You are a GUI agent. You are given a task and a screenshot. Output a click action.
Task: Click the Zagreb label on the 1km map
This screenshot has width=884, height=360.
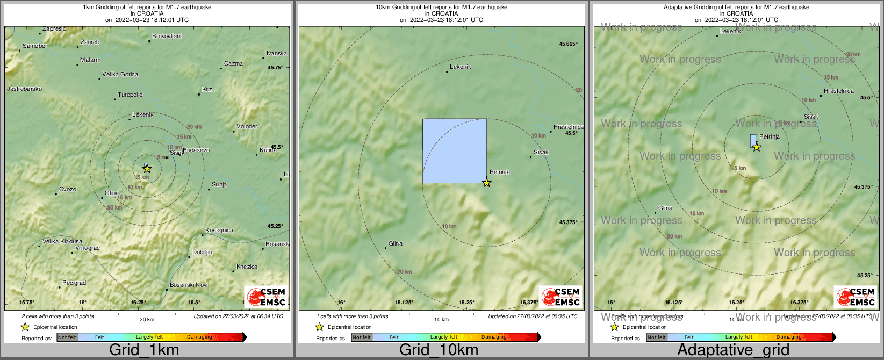(x=90, y=42)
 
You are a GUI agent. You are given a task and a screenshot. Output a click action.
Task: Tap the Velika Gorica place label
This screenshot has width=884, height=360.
(x=120, y=74)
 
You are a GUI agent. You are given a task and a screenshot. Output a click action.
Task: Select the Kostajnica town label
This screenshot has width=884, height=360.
(x=219, y=230)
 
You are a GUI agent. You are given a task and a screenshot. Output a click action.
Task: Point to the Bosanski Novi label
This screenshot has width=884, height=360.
(x=189, y=285)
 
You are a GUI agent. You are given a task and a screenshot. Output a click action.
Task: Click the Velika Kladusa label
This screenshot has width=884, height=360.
(x=62, y=241)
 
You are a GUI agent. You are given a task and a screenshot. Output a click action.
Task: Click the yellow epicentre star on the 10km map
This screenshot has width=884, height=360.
(x=486, y=183)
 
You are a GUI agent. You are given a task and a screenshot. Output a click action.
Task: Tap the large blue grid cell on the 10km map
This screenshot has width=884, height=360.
(x=454, y=150)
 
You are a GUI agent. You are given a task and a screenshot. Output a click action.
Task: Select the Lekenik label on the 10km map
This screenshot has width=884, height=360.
(x=461, y=67)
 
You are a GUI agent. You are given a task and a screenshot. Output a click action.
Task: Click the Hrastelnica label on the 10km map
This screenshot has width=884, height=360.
(x=568, y=127)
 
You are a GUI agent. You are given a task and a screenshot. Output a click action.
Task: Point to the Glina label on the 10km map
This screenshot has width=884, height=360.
(x=396, y=243)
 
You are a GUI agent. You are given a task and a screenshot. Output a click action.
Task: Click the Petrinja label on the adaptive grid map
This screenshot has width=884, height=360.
(x=770, y=136)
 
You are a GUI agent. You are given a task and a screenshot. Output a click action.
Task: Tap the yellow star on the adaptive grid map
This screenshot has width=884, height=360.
(x=757, y=147)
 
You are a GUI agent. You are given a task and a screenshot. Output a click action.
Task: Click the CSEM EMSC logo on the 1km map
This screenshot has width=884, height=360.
(x=266, y=297)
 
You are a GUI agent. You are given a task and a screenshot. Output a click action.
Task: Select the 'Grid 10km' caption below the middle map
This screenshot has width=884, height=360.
(x=439, y=350)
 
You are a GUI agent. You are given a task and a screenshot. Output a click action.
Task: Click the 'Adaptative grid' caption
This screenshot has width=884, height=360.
(x=733, y=350)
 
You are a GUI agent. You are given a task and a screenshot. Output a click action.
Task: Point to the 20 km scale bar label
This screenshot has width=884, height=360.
(x=147, y=319)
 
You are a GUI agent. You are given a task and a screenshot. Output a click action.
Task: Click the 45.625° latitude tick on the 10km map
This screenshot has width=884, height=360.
(x=568, y=44)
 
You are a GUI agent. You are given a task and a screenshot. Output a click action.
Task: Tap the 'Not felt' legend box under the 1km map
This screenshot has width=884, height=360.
(x=67, y=337)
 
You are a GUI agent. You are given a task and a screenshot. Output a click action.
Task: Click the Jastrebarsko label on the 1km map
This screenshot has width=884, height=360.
(x=24, y=89)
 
